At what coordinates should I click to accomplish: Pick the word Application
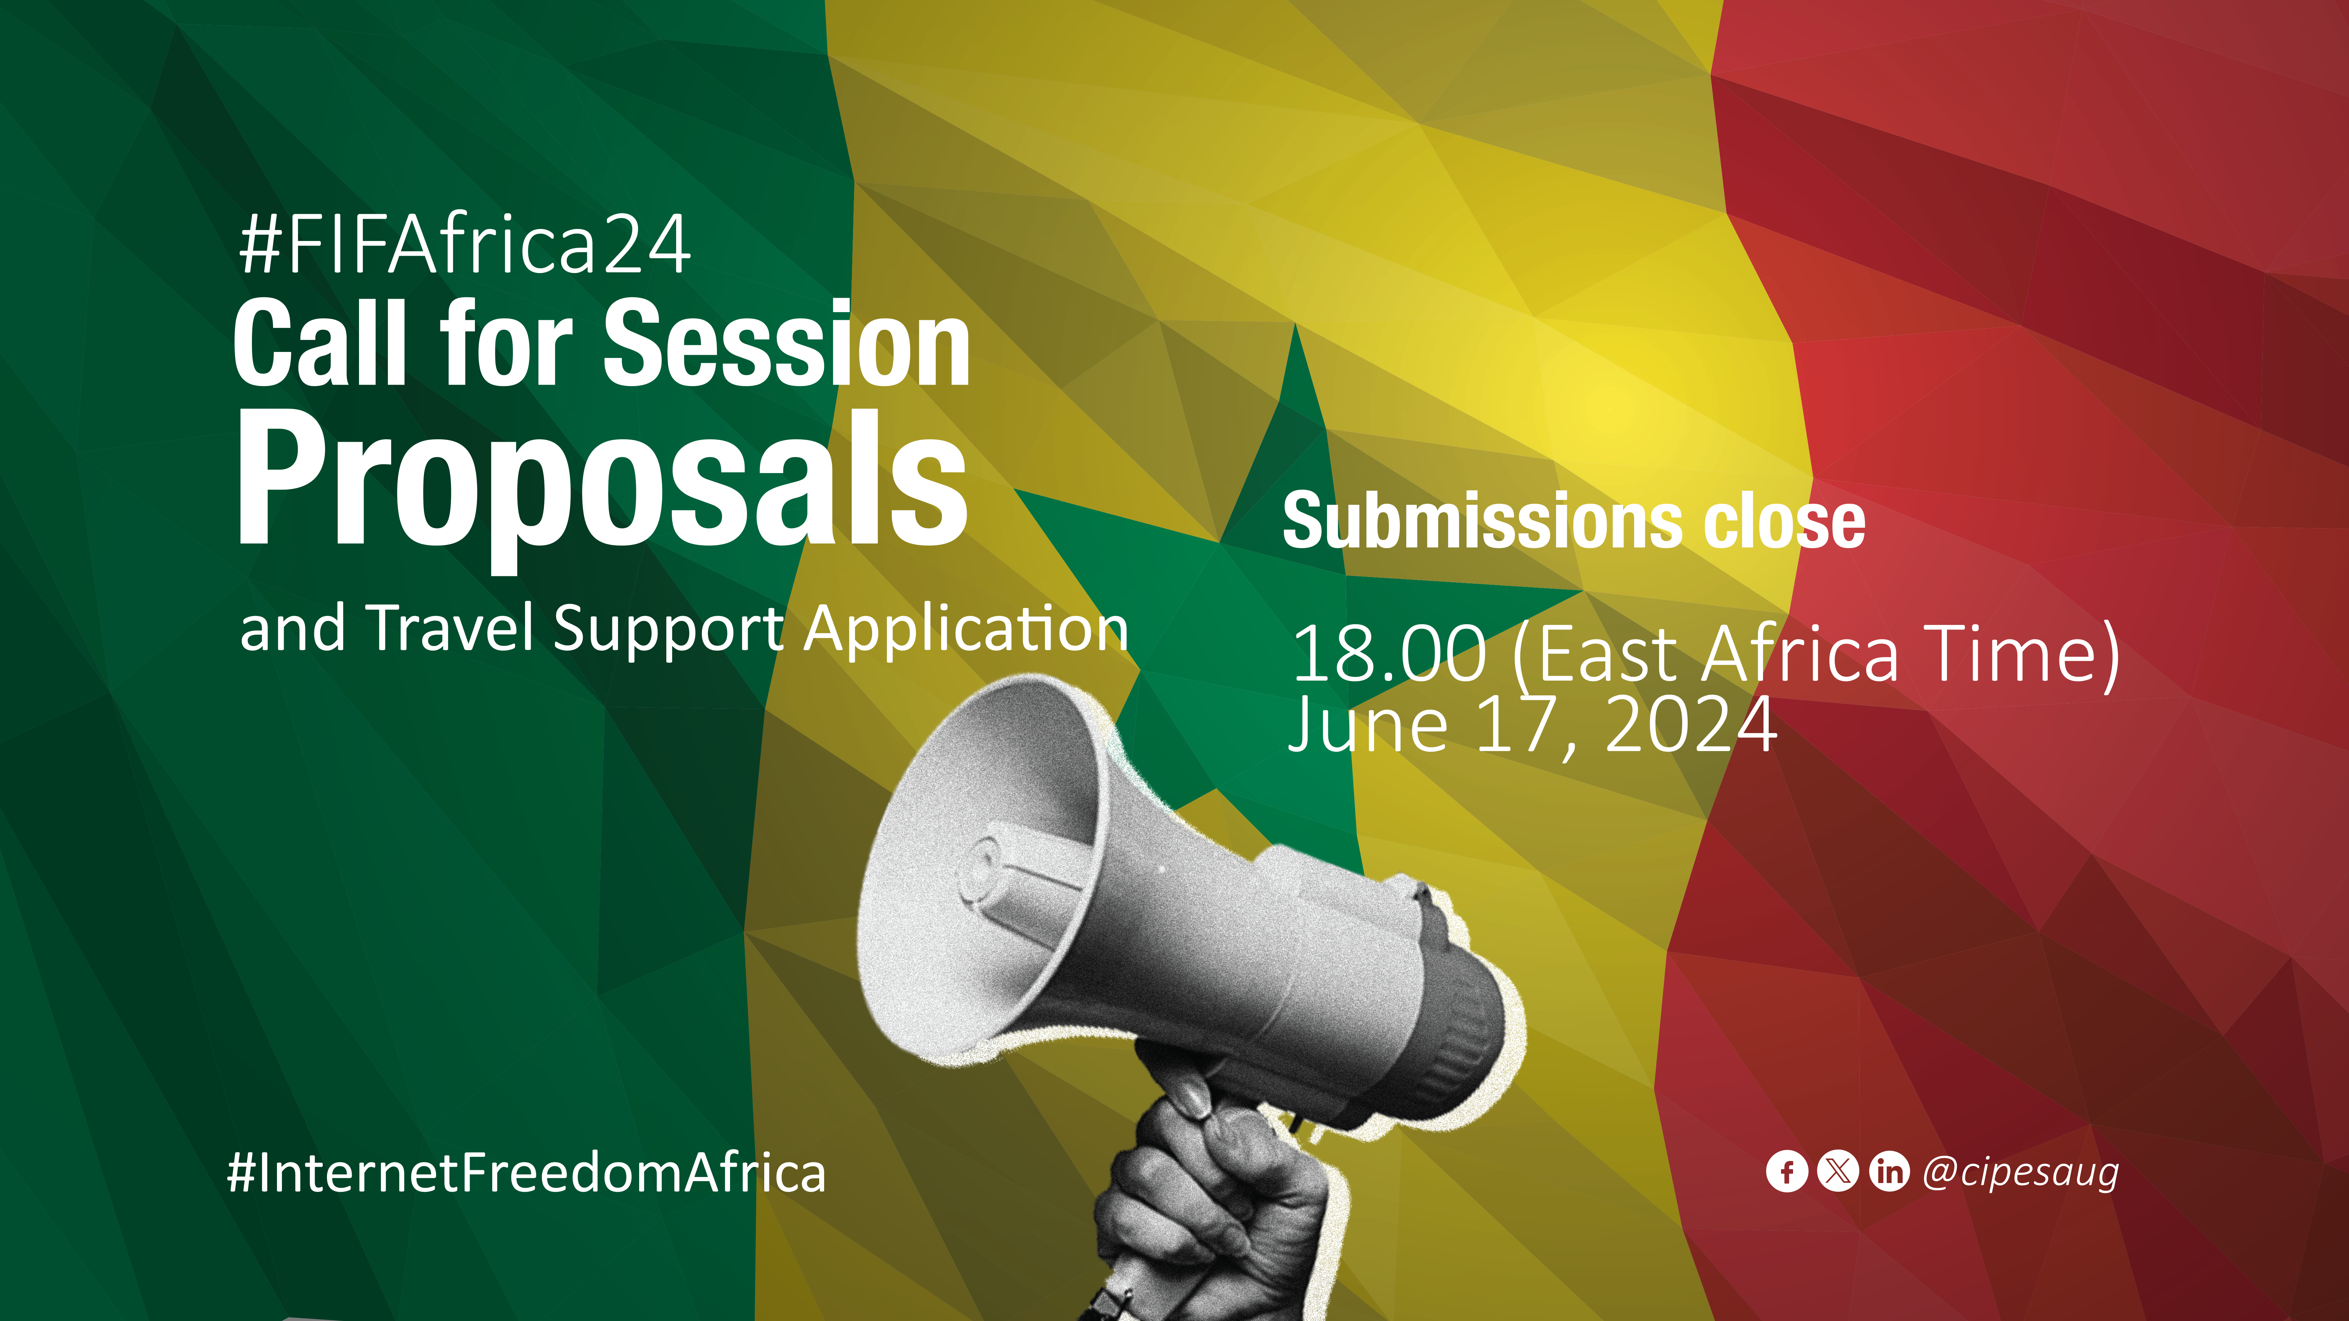tap(966, 629)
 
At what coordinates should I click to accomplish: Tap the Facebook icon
tap(1786, 1172)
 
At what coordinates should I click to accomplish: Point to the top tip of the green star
tap(1294, 325)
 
